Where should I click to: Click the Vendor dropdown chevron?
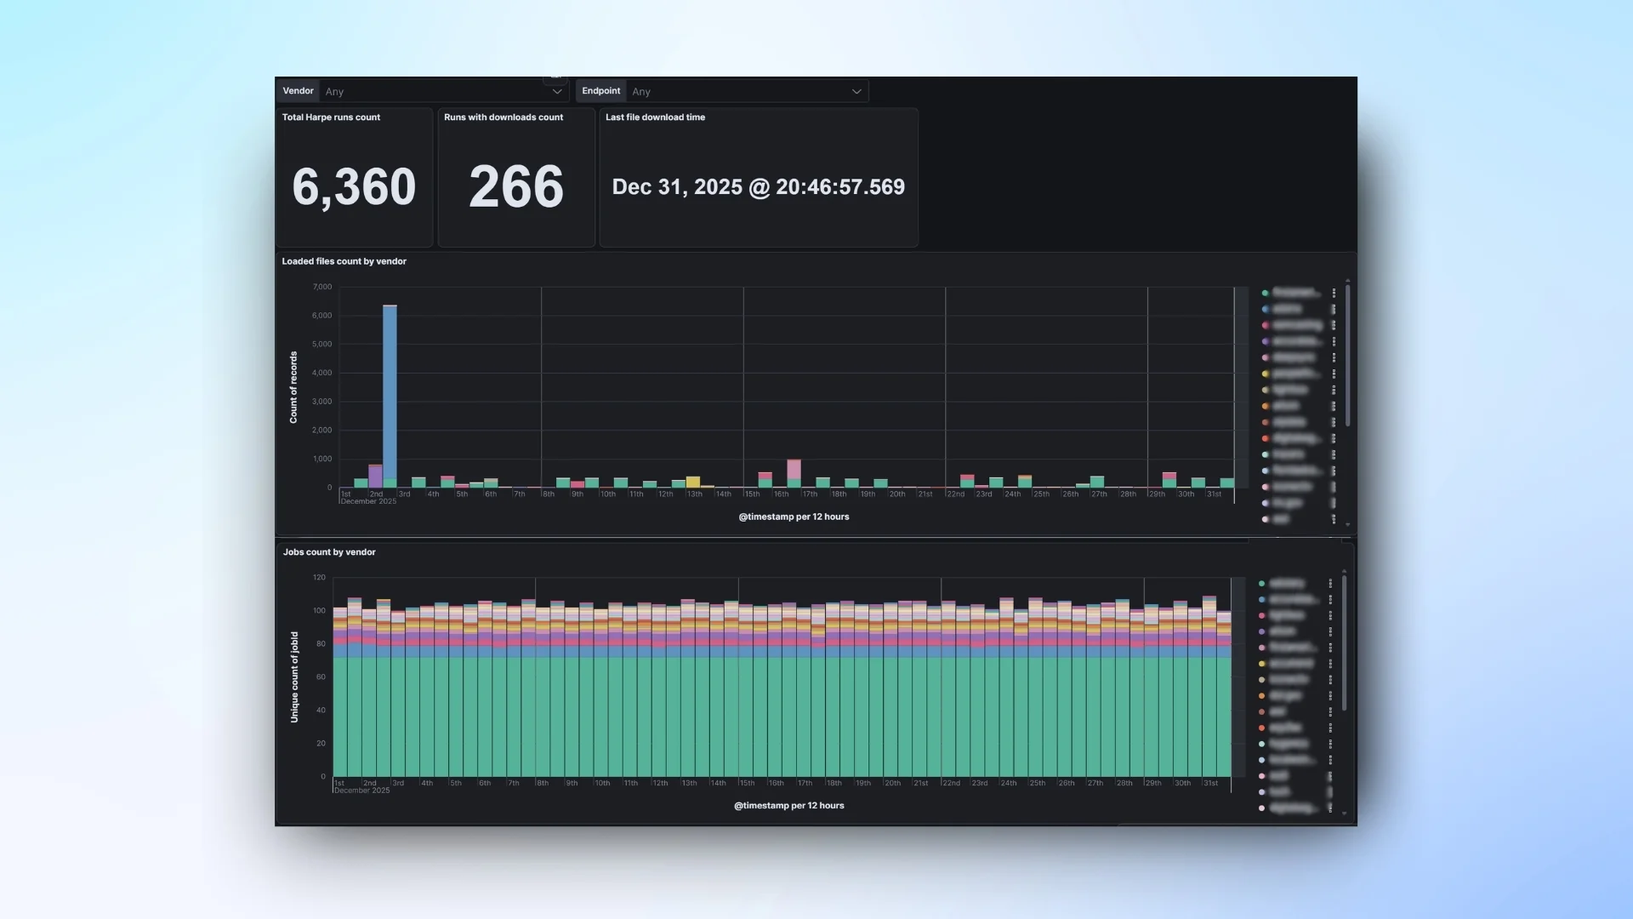(x=557, y=92)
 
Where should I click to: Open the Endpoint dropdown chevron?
(x=856, y=92)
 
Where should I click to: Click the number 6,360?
(x=354, y=187)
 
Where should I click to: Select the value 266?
(x=516, y=187)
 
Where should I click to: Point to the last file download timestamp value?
(x=758, y=187)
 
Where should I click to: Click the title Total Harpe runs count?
(x=331, y=117)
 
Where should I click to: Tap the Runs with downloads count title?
(x=503, y=117)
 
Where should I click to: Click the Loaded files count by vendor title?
(x=344, y=261)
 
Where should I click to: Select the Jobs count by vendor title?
(x=329, y=552)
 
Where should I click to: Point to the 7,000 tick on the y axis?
(x=322, y=288)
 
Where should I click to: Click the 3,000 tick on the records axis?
(x=322, y=402)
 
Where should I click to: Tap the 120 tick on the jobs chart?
(x=319, y=578)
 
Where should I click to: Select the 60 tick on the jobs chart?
(x=321, y=677)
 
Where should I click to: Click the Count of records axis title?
(x=293, y=387)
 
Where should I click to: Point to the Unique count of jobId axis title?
(x=294, y=677)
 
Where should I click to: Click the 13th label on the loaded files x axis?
(x=695, y=494)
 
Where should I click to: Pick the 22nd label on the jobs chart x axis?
(x=951, y=783)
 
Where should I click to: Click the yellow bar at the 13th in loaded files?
(x=693, y=482)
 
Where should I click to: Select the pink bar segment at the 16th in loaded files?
(x=794, y=469)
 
